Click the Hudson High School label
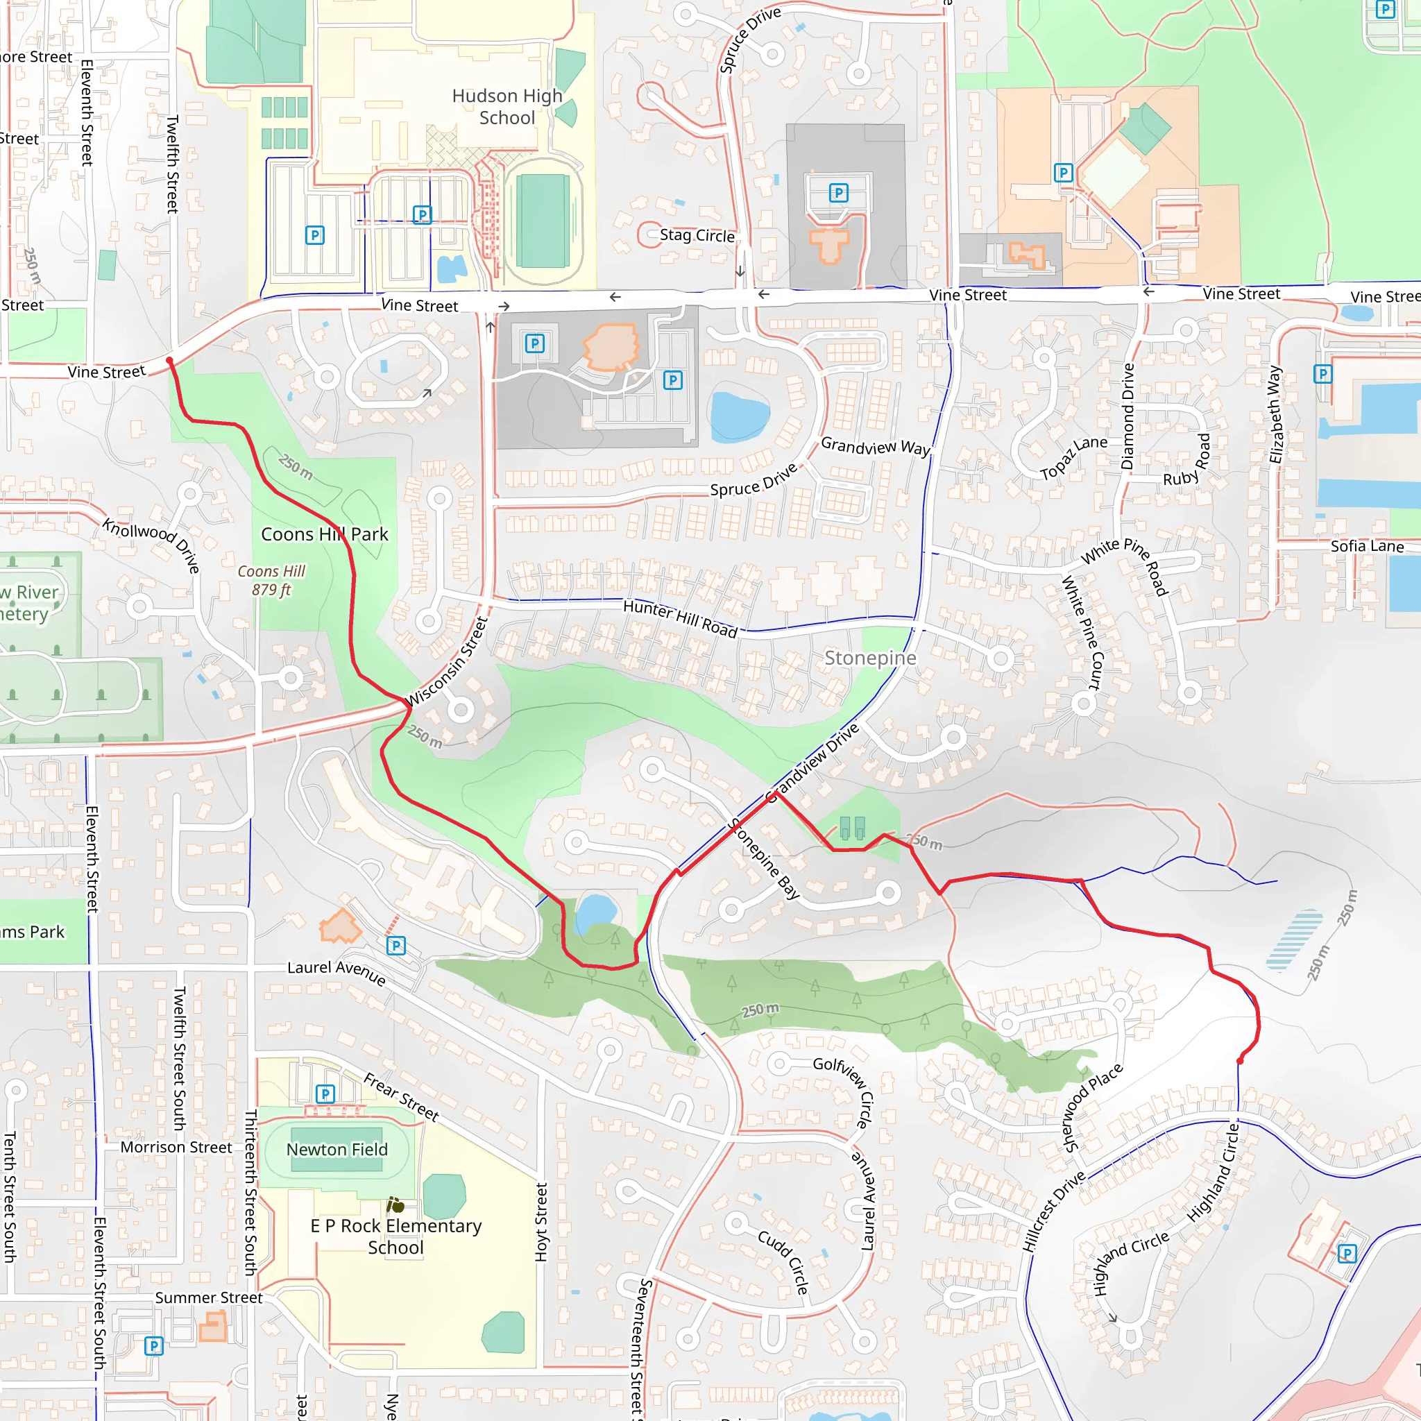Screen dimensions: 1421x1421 pos(507,107)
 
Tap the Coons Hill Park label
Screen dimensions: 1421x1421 pos(324,534)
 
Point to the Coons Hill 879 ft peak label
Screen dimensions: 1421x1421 pos(271,580)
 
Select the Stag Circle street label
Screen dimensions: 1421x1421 pos(697,235)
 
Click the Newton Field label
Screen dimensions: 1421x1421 pos(337,1149)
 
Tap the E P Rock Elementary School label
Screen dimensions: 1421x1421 pos(395,1236)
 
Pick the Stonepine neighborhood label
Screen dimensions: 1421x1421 pos(870,658)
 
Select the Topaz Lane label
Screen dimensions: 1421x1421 pos(1073,457)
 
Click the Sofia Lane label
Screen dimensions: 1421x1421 pos(1367,546)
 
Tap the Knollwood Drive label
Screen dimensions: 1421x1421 pos(151,544)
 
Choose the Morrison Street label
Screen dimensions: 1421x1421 pos(176,1148)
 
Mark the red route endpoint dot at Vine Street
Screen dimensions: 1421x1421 pos(169,360)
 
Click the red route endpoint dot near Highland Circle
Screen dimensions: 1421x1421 pos(1240,1061)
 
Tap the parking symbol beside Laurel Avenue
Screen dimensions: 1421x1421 pos(395,945)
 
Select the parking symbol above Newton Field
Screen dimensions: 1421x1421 pos(325,1094)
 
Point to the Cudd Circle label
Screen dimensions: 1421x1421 pos(783,1261)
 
